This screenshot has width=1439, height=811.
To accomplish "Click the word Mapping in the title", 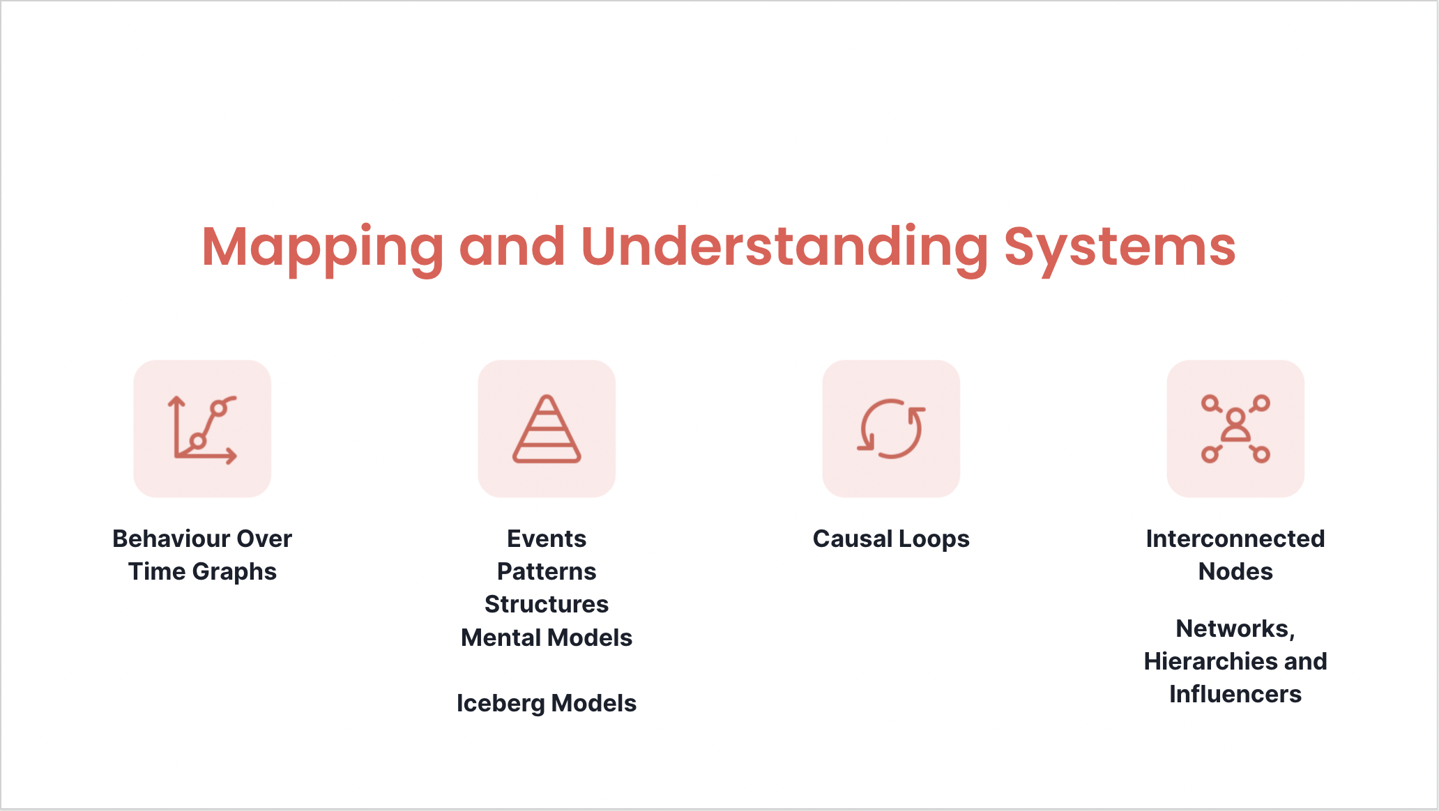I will [x=322, y=248].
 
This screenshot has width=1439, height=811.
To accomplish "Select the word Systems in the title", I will [x=1120, y=248].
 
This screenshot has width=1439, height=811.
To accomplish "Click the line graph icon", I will [x=202, y=428].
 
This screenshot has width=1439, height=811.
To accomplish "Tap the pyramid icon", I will [x=547, y=428].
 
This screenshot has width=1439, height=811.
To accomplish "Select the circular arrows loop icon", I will [x=891, y=428].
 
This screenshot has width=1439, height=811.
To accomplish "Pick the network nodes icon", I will [x=1235, y=428].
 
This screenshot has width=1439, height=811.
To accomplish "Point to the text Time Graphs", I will [x=202, y=572].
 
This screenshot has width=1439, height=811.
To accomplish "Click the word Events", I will [x=547, y=539].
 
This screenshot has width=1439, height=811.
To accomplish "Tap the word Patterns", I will [x=547, y=571].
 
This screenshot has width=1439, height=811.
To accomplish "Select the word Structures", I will [x=547, y=604].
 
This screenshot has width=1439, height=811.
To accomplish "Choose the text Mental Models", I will [x=547, y=638].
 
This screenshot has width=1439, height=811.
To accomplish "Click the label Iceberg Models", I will [x=547, y=703].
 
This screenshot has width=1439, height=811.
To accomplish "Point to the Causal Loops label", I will [x=891, y=539].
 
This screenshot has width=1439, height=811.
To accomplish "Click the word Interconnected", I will [x=1235, y=539].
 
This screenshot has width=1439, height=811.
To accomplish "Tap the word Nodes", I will [x=1235, y=571].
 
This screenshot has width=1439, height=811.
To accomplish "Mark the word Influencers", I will [x=1235, y=694].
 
